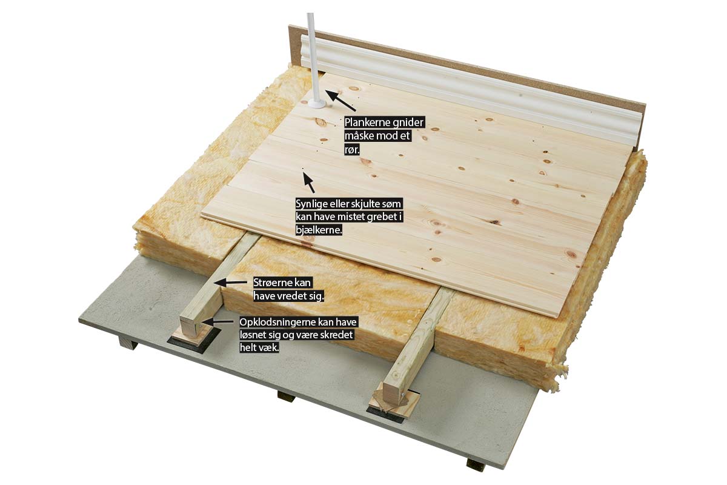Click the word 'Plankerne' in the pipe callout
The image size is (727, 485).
[364, 122]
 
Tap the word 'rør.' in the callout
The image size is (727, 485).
[352, 150]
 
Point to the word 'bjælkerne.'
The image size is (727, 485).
[319, 230]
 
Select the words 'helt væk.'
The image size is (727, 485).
[259, 347]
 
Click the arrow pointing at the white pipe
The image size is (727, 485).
[340, 101]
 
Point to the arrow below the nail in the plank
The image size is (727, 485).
[309, 182]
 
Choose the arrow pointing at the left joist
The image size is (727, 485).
[230, 283]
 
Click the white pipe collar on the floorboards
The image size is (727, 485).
[316, 104]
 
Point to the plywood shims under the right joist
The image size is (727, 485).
[395, 402]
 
